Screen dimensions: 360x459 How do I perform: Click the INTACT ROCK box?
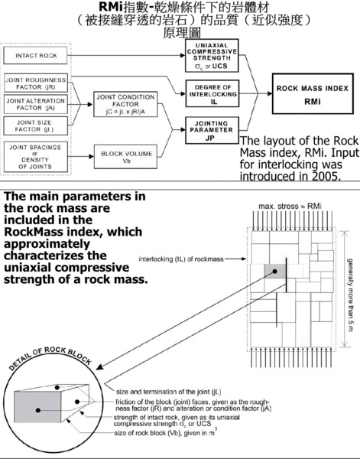tap(35, 55)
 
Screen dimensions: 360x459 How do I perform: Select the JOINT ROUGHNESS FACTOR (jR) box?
tap(36, 83)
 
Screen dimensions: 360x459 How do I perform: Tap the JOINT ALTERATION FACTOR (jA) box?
tap(36, 104)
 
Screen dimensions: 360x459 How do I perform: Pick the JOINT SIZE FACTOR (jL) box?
tap(36, 126)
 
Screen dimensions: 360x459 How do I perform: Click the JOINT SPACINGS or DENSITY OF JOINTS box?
tap(36, 157)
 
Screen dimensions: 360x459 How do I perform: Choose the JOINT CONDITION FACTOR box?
tap(125, 104)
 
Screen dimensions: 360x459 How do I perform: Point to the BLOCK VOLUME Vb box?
tap(125, 157)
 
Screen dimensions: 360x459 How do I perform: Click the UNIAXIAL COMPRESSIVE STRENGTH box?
tap(212, 56)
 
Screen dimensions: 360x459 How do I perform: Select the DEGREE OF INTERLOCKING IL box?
tap(212, 93)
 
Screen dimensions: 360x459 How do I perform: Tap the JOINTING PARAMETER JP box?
tap(212, 131)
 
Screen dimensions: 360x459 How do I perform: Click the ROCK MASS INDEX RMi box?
tap(313, 93)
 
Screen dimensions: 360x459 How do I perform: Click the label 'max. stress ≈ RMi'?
tap(290, 207)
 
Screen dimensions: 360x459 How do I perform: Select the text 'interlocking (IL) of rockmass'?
tap(181, 259)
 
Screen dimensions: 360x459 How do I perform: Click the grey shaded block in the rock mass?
tap(274, 272)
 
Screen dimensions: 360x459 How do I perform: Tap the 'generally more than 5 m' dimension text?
tap(350, 295)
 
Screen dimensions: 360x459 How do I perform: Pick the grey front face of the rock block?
tap(37, 407)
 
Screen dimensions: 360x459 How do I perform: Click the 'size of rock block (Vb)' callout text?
tap(166, 433)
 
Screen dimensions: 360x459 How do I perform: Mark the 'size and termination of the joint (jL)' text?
tap(169, 392)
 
